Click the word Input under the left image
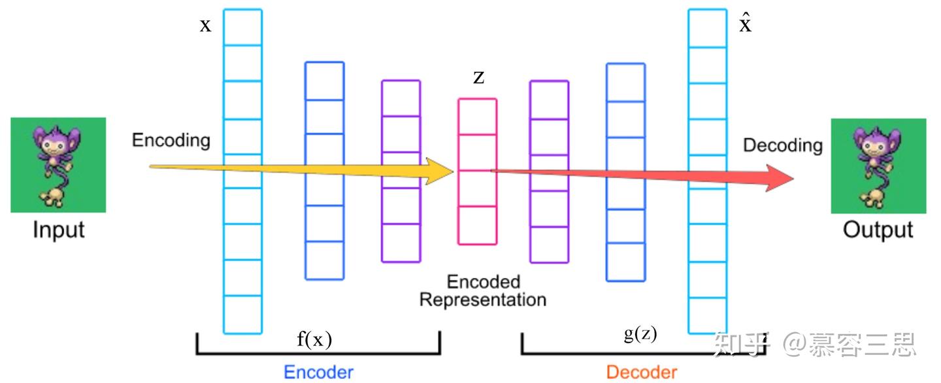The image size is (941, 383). point(59,230)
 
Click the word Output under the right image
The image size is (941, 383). point(878,230)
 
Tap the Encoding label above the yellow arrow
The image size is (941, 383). point(171,140)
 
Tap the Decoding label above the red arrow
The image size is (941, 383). point(782,145)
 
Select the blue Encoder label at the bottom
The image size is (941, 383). point(318,372)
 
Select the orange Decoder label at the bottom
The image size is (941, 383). point(642,372)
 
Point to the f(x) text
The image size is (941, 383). point(314,339)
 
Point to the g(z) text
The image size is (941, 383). point(640,334)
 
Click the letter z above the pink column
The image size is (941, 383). point(479,78)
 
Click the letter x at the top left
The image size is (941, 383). point(205,25)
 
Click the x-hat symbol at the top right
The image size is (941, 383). point(745,24)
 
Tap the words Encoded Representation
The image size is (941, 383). point(483,291)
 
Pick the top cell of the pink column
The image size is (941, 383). point(478,117)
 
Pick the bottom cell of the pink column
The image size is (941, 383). point(478,226)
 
